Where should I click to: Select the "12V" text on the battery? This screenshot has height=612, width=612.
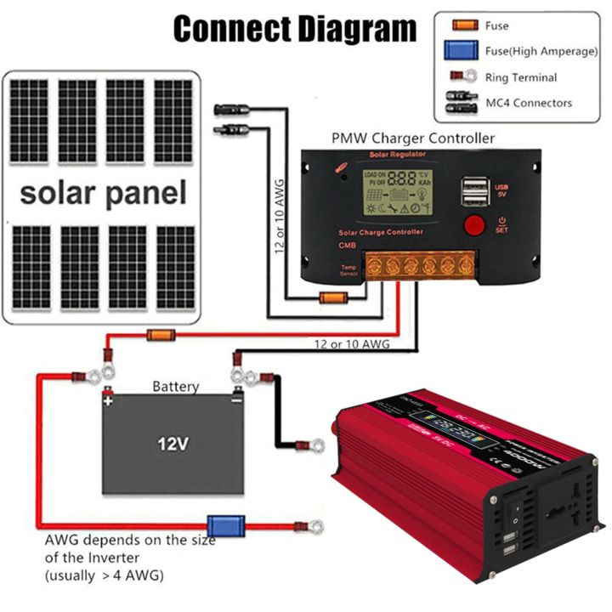click(173, 444)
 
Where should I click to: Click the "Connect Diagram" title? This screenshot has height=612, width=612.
click(295, 30)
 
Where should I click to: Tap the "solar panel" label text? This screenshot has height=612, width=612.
click(103, 193)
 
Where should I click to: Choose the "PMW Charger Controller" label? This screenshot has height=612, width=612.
click(413, 137)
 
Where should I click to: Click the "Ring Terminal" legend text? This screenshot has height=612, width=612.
click(521, 77)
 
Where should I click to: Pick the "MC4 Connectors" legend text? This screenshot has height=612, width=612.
click(528, 103)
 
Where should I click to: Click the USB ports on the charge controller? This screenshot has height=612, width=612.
click(474, 190)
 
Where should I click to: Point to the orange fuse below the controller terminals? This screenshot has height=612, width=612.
click(332, 297)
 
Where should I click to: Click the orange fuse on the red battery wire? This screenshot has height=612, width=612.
click(161, 335)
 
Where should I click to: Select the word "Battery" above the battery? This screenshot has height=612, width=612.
click(176, 387)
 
